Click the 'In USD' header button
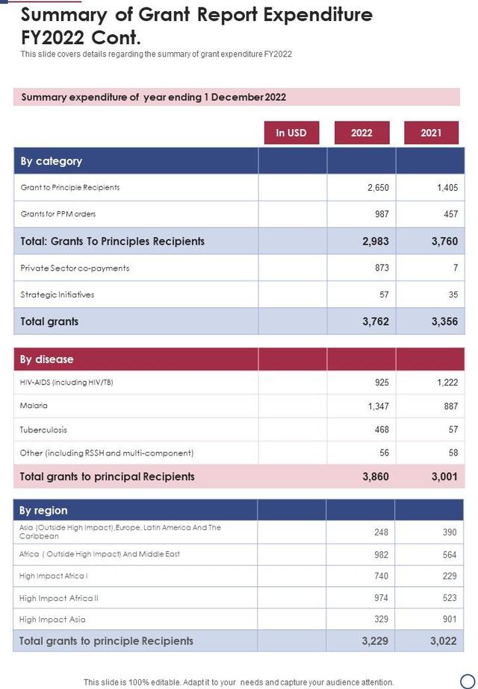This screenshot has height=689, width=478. tap(291, 133)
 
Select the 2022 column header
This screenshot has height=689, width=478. tap(361, 133)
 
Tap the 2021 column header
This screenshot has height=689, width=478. tap(431, 133)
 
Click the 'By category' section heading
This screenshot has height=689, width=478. tap(51, 161)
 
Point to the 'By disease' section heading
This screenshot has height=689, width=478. tap(46, 359)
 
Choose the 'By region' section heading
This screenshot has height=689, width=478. tap(43, 511)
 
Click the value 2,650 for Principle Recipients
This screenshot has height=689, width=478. tap(378, 188)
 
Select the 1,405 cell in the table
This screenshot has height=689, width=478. tap(447, 188)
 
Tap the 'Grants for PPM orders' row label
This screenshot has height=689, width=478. tap(58, 214)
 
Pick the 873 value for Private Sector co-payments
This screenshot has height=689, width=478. tap(382, 268)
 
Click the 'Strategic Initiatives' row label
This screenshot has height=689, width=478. tap(58, 295)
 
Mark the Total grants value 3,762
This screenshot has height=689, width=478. tap(376, 322)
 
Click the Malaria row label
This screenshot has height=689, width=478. tap(34, 406)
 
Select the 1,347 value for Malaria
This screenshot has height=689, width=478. tap(378, 406)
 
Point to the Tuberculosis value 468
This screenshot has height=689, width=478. tap(382, 430)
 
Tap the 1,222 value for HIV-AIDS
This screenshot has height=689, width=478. tap(447, 383)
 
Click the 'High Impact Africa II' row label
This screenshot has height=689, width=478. tap(59, 598)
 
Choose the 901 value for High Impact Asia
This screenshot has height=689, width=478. tap(450, 620)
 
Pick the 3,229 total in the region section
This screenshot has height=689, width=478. tap(376, 641)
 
